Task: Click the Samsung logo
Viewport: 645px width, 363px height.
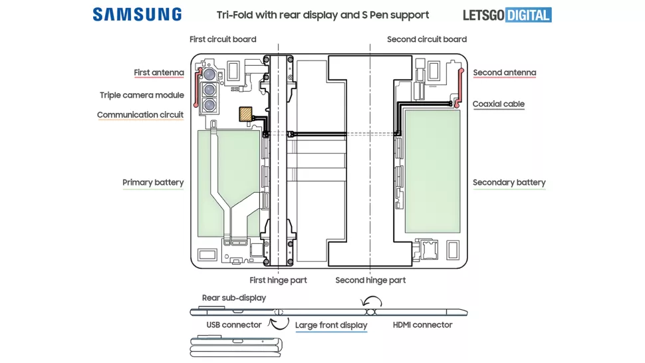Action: (x=137, y=15)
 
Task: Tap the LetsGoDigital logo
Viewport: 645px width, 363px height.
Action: (x=507, y=15)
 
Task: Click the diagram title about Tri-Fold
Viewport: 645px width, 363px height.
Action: (x=323, y=15)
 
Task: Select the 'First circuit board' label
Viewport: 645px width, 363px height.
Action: (x=223, y=39)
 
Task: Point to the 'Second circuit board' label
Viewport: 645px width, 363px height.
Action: (x=427, y=39)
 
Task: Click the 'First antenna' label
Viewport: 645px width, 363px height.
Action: (x=159, y=72)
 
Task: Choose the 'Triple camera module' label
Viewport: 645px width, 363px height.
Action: (x=142, y=95)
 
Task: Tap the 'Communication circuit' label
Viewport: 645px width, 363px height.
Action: (x=140, y=115)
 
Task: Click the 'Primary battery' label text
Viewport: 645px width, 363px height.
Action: (x=153, y=182)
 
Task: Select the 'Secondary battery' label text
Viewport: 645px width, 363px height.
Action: (x=509, y=182)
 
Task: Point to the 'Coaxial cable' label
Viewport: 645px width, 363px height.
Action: (x=499, y=104)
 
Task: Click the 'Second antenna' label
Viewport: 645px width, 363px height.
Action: (x=505, y=72)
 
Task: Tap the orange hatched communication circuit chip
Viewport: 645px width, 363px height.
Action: (x=245, y=114)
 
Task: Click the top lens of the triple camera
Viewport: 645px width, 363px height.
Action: (x=209, y=74)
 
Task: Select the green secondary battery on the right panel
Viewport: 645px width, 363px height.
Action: (x=432, y=172)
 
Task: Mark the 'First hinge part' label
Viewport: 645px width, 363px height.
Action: (x=278, y=280)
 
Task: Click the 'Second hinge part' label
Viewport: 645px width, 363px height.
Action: (x=370, y=280)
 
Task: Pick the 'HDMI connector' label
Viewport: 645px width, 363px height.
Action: (x=422, y=324)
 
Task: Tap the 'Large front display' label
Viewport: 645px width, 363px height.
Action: (x=331, y=325)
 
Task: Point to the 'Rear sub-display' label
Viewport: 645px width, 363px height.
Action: (x=234, y=298)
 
